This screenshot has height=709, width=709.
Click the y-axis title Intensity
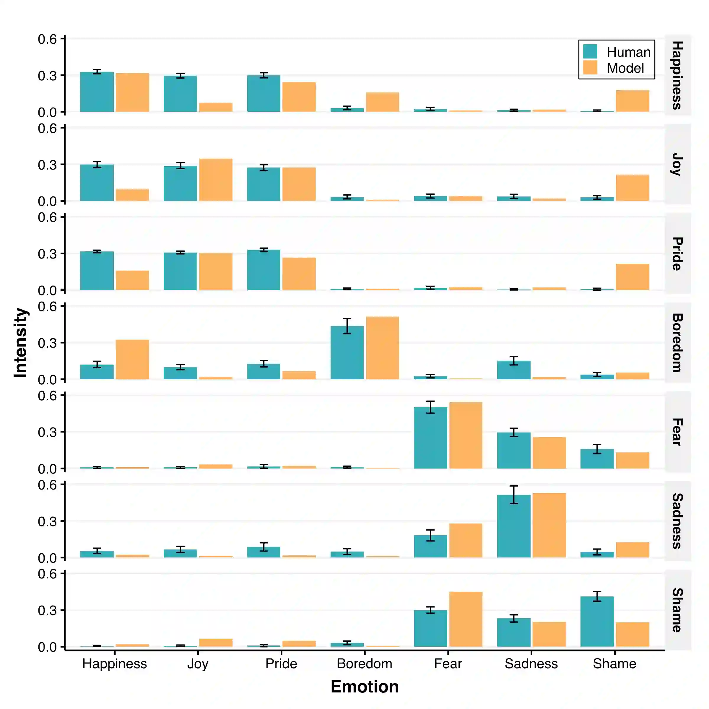21,342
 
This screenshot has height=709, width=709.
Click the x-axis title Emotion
365,687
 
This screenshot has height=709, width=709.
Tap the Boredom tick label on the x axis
365,664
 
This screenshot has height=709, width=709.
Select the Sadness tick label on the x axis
531,664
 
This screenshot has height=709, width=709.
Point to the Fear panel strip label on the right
677,432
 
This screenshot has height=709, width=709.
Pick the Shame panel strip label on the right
677,610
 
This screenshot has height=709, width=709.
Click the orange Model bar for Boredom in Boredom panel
382,348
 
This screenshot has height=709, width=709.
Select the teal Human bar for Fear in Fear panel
430,438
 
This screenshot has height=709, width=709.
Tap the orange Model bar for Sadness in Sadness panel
549,525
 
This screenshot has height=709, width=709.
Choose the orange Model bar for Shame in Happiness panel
632,101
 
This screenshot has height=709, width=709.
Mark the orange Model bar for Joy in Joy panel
216,180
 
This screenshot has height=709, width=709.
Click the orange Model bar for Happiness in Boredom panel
132,360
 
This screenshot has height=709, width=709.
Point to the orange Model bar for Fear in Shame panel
466,619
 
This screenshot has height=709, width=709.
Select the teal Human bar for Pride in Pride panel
264,270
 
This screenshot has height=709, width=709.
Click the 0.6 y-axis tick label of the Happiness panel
47,39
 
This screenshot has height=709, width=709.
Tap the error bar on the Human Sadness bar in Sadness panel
514,495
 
